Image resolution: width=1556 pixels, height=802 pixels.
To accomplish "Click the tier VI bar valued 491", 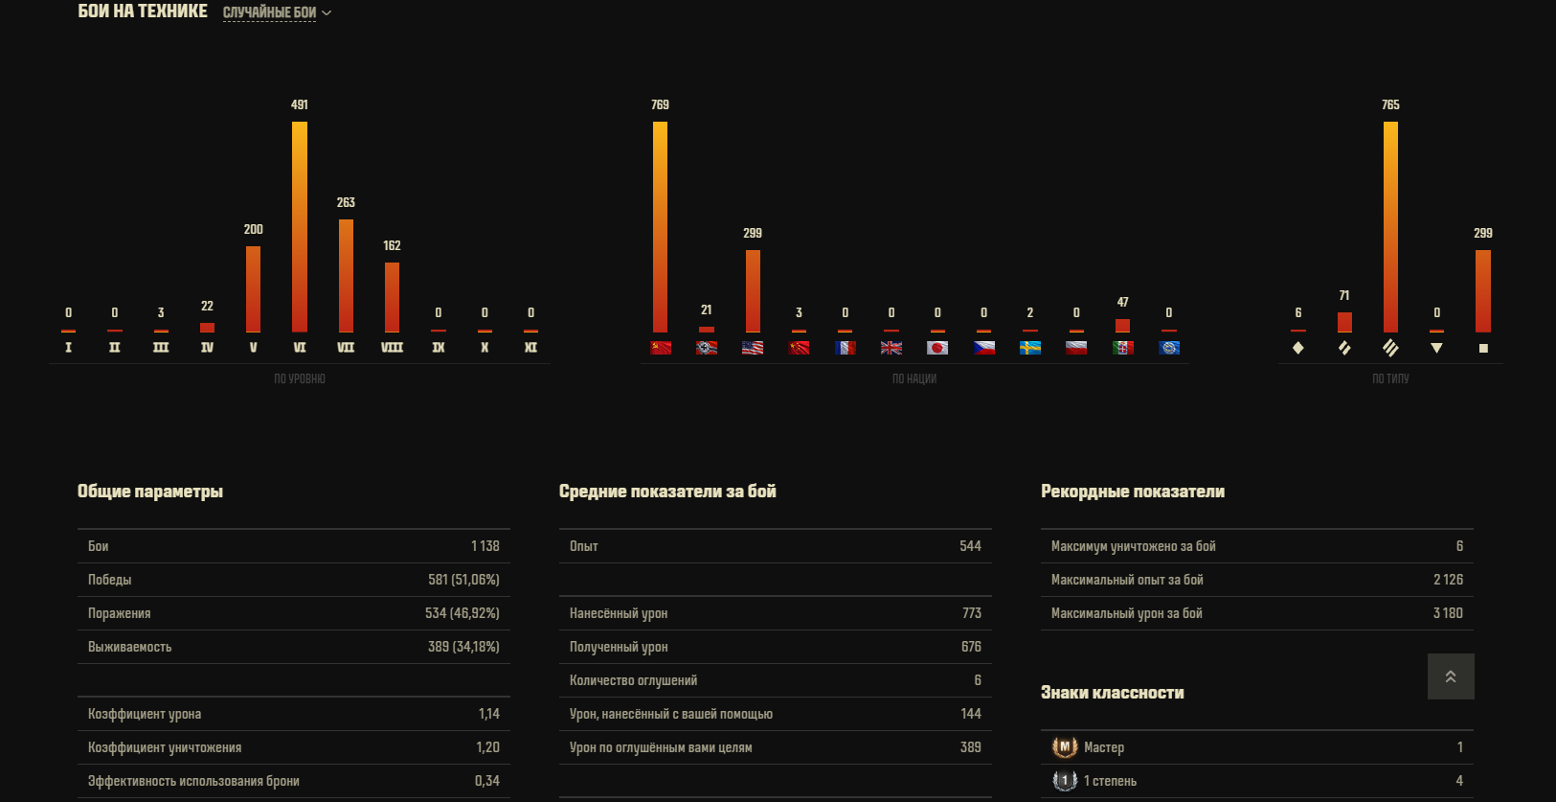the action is [300, 226].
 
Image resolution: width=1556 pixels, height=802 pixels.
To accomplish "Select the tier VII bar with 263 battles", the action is [346, 276].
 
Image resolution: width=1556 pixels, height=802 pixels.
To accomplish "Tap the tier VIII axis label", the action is [392, 348].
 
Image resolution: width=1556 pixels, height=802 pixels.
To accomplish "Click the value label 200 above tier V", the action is [254, 229].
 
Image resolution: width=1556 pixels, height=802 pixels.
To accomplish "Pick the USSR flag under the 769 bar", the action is [661, 348].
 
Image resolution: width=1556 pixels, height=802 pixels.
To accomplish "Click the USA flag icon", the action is [753, 348].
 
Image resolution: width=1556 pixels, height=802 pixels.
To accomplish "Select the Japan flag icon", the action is [937, 348].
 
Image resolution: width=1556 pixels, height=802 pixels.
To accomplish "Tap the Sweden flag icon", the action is [1030, 348].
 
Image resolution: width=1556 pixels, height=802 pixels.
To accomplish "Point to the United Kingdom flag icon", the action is [891, 348].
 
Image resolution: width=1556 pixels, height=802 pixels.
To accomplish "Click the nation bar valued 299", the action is [753, 291].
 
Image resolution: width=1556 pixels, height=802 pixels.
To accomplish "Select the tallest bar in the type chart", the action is [1390, 226].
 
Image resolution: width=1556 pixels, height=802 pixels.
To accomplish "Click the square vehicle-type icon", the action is [1483, 348].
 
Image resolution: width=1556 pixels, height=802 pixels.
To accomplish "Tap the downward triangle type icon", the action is [1436, 348].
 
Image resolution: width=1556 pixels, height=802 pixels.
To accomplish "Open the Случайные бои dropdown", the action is [277, 12].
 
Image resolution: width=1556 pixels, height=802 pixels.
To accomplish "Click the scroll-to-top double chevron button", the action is [1451, 676].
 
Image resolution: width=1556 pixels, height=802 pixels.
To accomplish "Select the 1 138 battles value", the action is [485, 546].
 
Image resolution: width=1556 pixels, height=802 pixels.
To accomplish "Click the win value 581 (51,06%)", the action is [463, 580].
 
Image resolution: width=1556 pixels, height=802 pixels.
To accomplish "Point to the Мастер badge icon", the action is [1064, 747].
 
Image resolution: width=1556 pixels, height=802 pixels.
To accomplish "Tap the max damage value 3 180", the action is [1448, 613].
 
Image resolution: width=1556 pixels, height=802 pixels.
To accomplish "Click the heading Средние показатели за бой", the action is [667, 492].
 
